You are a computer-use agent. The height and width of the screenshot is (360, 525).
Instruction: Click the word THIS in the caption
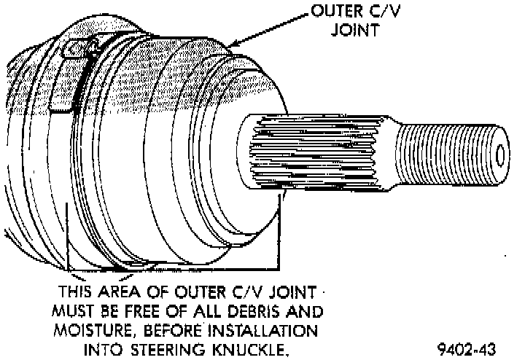(77, 292)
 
